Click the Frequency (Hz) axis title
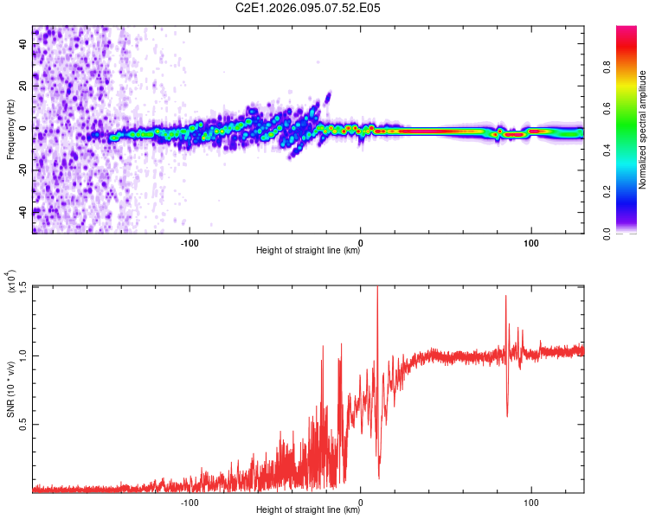pyautogui.click(x=11, y=129)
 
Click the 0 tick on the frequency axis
pyautogui.click(x=24, y=128)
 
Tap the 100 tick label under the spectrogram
pyautogui.click(x=531, y=241)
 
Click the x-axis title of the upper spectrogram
pyautogui.click(x=308, y=252)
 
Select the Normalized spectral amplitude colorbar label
pyautogui.click(x=643, y=129)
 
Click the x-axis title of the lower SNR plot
pyautogui.click(x=308, y=511)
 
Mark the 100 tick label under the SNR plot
pyautogui.click(x=531, y=502)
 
